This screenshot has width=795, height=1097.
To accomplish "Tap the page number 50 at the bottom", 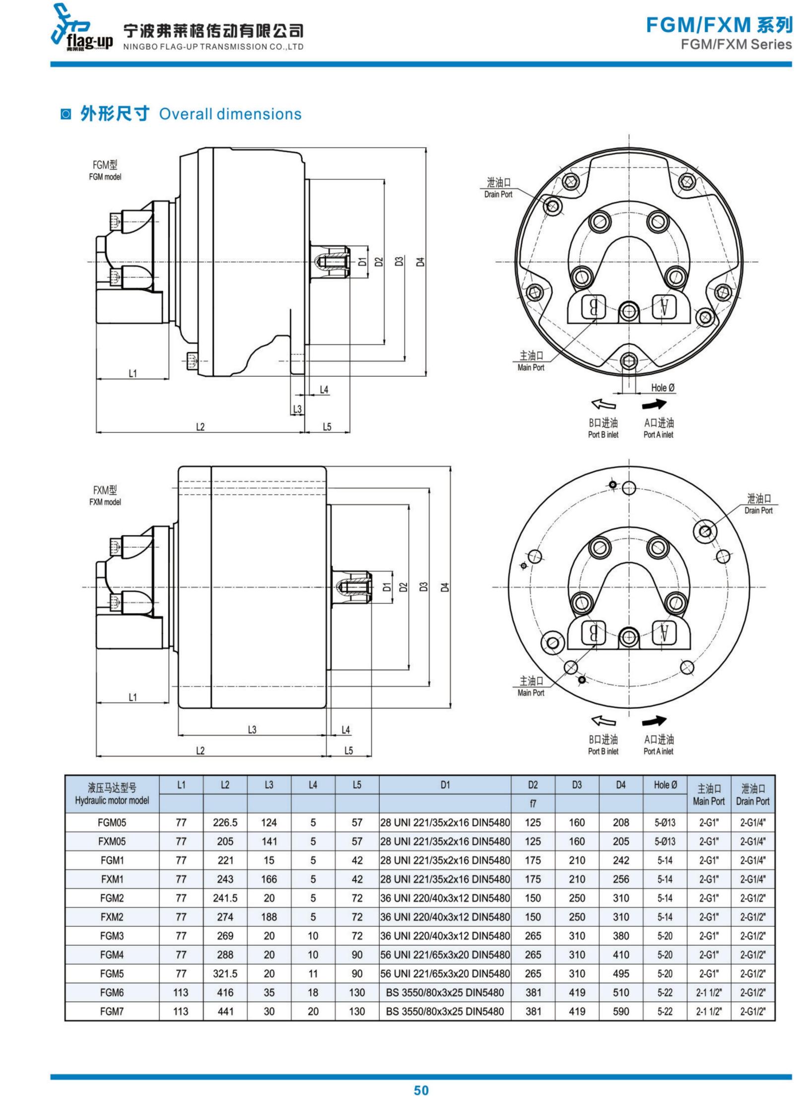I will (x=421, y=1090).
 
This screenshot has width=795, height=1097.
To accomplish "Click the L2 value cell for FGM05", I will (x=225, y=823).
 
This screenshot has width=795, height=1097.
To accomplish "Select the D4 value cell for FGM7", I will (x=620, y=1011).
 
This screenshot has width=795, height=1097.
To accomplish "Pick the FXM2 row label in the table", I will (x=112, y=917).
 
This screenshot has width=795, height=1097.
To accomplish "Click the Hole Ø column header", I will (x=665, y=785).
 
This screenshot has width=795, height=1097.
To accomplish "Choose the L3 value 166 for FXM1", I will (x=268, y=879).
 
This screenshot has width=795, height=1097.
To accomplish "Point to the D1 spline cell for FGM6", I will (x=445, y=992).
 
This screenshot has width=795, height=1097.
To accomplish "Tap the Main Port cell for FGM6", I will (x=709, y=992).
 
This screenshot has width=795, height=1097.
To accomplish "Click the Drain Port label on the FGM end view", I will (x=498, y=188).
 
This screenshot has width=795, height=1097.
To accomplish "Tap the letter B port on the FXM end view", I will (x=593, y=633).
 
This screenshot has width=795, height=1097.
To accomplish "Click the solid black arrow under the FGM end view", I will (x=654, y=405).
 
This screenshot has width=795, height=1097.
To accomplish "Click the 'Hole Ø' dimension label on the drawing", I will (x=663, y=388).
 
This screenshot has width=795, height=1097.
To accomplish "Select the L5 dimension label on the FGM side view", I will (x=327, y=426).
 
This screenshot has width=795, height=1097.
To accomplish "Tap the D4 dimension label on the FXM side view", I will (x=445, y=587).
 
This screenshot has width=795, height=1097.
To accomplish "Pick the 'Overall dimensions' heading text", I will (x=230, y=114).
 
